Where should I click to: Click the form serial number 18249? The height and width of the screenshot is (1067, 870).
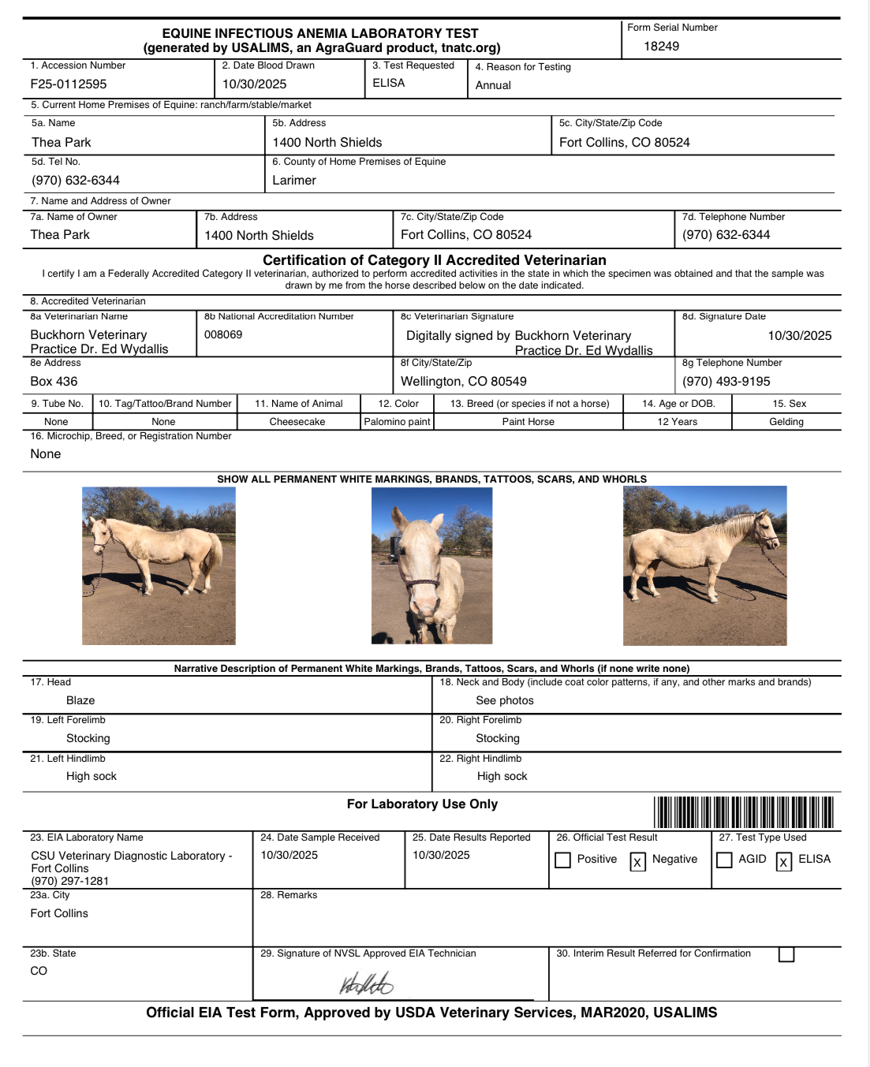pyautogui.click(x=661, y=47)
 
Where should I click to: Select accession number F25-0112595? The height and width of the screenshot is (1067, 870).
pyautogui.click(x=69, y=84)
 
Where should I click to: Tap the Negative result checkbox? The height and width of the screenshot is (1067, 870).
pyautogui.click(x=637, y=862)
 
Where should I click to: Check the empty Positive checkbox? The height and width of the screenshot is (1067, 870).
pyautogui.click(x=562, y=860)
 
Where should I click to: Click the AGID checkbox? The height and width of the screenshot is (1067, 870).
pyautogui.click(x=724, y=860)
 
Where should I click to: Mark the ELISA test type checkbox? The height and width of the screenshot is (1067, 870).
pyautogui.click(x=783, y=862)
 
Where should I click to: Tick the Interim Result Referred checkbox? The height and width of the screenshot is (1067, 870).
pyautogui.click(x=786, y=955)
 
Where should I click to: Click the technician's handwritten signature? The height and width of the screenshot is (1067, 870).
pyautogui.click(x=366, y=983)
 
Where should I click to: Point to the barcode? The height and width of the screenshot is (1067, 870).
pyautogui.click(x=743, y=812)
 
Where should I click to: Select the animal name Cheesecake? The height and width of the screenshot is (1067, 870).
pyautogui.click(x=297, y=422)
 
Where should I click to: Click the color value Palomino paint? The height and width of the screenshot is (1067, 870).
pyautogui.click(x=397, y=422)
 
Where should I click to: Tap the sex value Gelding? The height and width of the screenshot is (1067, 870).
pyautogui.click(x=786, y=422)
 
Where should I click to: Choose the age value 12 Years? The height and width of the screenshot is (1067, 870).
pyautogui.click(x=678, y=422)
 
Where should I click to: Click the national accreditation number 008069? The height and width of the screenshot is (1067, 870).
pyautogui.click(x=223, y=334)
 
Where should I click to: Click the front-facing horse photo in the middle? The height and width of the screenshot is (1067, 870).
pyautogui.click(x=431, y=565)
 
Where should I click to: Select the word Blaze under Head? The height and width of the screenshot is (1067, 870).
pyautogui.click(x=80, y=700)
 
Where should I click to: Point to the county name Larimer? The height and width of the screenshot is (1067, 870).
pyautogui.click(x=294, y=181)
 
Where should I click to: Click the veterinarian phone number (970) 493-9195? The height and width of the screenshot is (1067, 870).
pyautogui.click(x=726, y=382)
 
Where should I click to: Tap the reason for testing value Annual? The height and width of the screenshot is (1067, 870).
pyautogui.click(x=493, y=85)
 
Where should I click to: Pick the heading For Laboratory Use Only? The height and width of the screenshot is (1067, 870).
pyautogui.click(x=422, y=804)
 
